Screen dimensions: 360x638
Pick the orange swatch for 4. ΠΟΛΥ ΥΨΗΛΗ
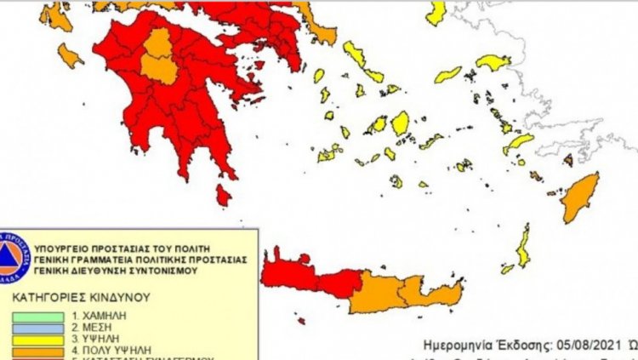38,350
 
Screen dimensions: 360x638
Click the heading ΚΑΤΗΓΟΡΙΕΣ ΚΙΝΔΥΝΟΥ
81,299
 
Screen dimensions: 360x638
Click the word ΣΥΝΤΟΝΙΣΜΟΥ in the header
175,270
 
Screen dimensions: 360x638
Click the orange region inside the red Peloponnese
158,58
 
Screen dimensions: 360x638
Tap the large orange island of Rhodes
581,197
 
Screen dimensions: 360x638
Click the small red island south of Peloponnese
223,197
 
